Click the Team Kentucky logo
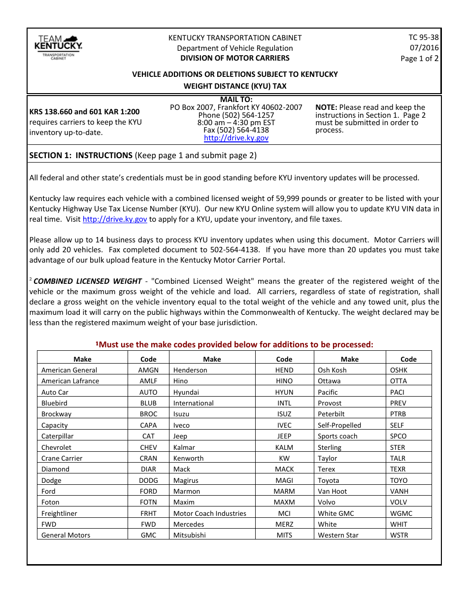58,47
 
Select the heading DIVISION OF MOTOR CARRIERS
234,58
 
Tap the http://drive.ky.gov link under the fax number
236,138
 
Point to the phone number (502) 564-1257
236,115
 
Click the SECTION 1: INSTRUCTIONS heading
81,155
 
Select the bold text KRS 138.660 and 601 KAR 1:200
84,112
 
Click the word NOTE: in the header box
326,107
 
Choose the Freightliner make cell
59,513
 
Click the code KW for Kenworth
284,458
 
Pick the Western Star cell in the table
338,535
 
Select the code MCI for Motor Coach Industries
284,513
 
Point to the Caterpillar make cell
59,436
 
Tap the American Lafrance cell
70,381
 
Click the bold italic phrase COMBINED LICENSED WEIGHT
87,281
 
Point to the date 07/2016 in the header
424,48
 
